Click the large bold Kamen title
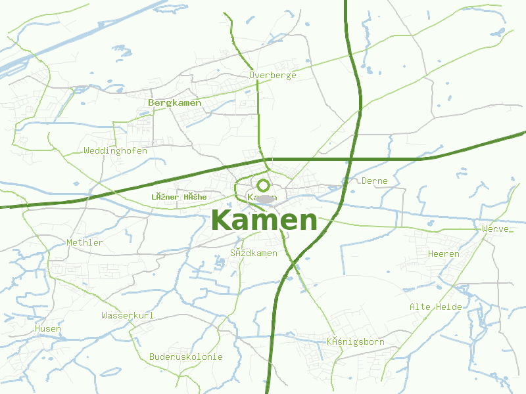pos(265,221)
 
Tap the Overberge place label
pos(272,75)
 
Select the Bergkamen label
pos(175,103)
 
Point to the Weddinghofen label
pos(116,150)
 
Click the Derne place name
pos(375,181)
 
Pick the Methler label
pos(85,242)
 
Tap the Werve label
pos(495,229)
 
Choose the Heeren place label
pos(444,253)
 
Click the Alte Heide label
pos(435,307)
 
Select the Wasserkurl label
pos(128,316)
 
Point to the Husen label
pos(48,328)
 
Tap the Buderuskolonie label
pos(186,357)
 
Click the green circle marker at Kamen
pos(263,185)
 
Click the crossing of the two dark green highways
pos(350,159)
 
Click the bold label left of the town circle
pos(179,197)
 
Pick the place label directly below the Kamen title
pos(254,253)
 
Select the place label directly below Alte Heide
pos(356,341)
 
